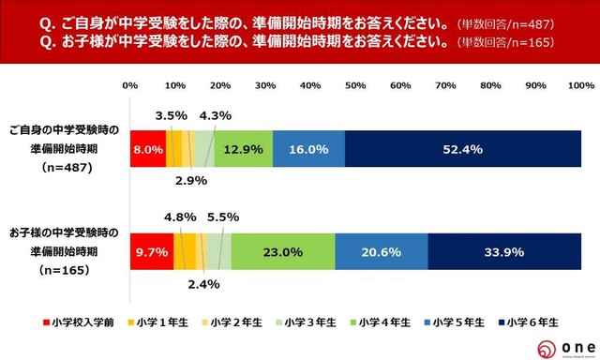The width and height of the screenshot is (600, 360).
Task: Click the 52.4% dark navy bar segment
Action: pyautogui.click(x=463, y=149)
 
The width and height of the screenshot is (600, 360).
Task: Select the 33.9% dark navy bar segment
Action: pyautogui.click(x=504, y=252)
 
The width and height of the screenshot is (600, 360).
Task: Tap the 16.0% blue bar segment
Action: pyautogui.click(x=309, y=149)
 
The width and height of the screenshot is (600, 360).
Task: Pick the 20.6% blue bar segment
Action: pyautogui.click(x=381, y=252)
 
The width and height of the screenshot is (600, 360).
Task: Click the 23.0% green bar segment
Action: pyautogui.click(x=282, y=252)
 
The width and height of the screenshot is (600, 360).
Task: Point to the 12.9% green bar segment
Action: pyautogui.click(x=244, y=149)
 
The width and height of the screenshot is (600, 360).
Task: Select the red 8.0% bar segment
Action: pyautogui.click(x=148, y=149)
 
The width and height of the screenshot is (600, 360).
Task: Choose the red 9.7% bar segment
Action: pyautogui.click(x=152, y=252)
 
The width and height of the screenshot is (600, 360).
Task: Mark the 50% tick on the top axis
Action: pyautogui.click(x=355, y=85)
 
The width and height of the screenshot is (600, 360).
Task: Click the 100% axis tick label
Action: pyautogui.click(x=580, y=85)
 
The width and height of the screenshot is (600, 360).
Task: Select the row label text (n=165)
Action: pyautogui.click(x=59, y=270)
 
